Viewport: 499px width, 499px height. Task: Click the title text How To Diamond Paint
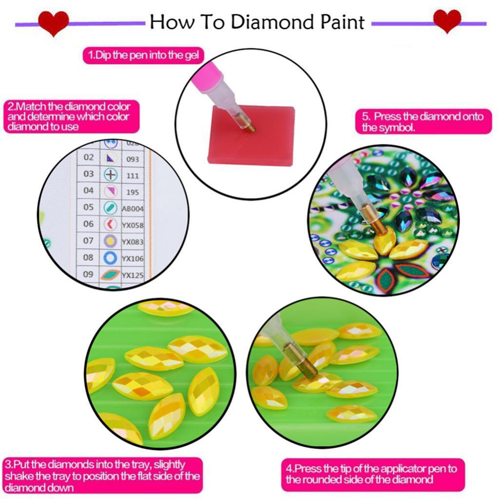tap(257, 22)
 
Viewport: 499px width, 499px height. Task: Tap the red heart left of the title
tap(54, 23)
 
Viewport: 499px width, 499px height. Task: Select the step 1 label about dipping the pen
tap(143, 55)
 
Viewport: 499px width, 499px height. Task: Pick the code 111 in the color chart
tap(133, 175)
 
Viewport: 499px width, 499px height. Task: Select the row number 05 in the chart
tap(88, 207)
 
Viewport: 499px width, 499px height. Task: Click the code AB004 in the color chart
tap(133, 209)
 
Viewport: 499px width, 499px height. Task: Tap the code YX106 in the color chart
tap(133, 258)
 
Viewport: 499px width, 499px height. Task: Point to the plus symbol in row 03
tap(111, 174)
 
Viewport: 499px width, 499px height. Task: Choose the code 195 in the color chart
tap(133, 192)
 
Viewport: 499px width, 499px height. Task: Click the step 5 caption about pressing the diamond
tap(422, 122)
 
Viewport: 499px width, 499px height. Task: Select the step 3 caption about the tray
tap(102, 475)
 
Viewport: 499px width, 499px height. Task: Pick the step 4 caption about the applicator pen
tap(372, 474)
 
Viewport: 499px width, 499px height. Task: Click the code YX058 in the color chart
tap(133, 225)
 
